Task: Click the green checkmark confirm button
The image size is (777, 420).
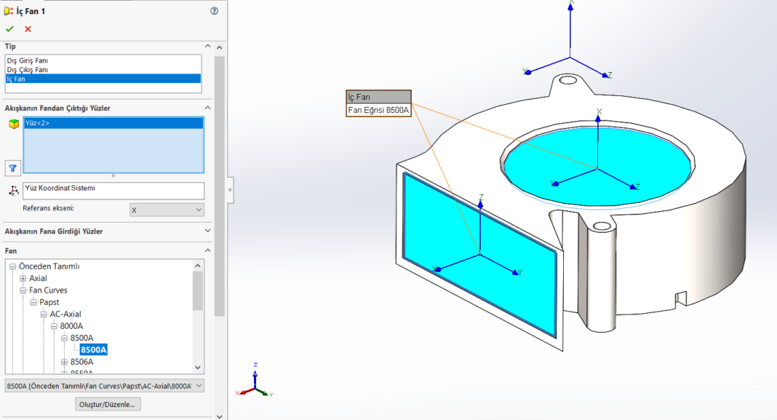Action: coord(9,29)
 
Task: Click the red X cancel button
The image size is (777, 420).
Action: coord(28,29)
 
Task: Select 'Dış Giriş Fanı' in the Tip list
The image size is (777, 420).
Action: coord(28,60)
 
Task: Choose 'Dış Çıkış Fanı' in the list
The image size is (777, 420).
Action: coord(28,70)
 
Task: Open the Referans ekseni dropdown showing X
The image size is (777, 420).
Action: coord(167,210)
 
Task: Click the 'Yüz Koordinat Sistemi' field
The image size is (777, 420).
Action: coord(113,189)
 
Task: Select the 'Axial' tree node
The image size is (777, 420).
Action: coord(38,278)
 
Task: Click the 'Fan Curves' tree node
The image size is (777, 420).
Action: coord(48,290)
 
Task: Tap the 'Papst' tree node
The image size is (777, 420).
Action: coord(49,302)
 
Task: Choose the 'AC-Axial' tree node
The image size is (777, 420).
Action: coord(65,314)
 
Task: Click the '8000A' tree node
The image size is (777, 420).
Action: coord(71,326)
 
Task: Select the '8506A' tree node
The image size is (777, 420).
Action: coord(81,362)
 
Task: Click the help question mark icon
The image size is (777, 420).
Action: coord(214,11)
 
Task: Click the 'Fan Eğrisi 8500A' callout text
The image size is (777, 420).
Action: coord(378,110)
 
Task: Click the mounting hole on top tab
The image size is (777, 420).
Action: coord(567,79)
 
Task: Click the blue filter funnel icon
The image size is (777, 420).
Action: coord(12,167)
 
